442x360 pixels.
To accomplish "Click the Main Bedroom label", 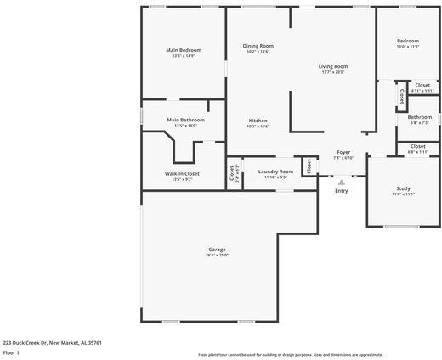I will (184, 49).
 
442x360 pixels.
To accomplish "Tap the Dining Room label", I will (258, 46).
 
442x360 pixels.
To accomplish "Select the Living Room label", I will (333, 66).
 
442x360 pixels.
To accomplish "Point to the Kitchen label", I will (258, 121).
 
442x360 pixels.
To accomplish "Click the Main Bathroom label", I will (185, 120).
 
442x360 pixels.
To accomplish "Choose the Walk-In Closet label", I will (182, 173).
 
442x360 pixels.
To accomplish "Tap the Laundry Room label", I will (275, 172).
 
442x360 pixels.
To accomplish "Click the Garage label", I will (217, 250).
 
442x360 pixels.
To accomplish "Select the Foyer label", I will (343, 152).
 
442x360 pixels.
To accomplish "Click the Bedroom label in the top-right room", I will (408, 41).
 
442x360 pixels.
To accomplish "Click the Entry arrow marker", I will (342, 181).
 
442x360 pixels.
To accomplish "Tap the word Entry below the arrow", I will (342, 190).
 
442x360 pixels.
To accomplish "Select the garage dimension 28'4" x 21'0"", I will (217, 255).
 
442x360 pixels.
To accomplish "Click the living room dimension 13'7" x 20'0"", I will (333, 72).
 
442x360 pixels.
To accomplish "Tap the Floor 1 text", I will (11, 352).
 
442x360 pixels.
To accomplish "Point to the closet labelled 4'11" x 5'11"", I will (422, 90).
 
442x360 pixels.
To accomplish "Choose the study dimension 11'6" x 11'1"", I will (403, 194).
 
